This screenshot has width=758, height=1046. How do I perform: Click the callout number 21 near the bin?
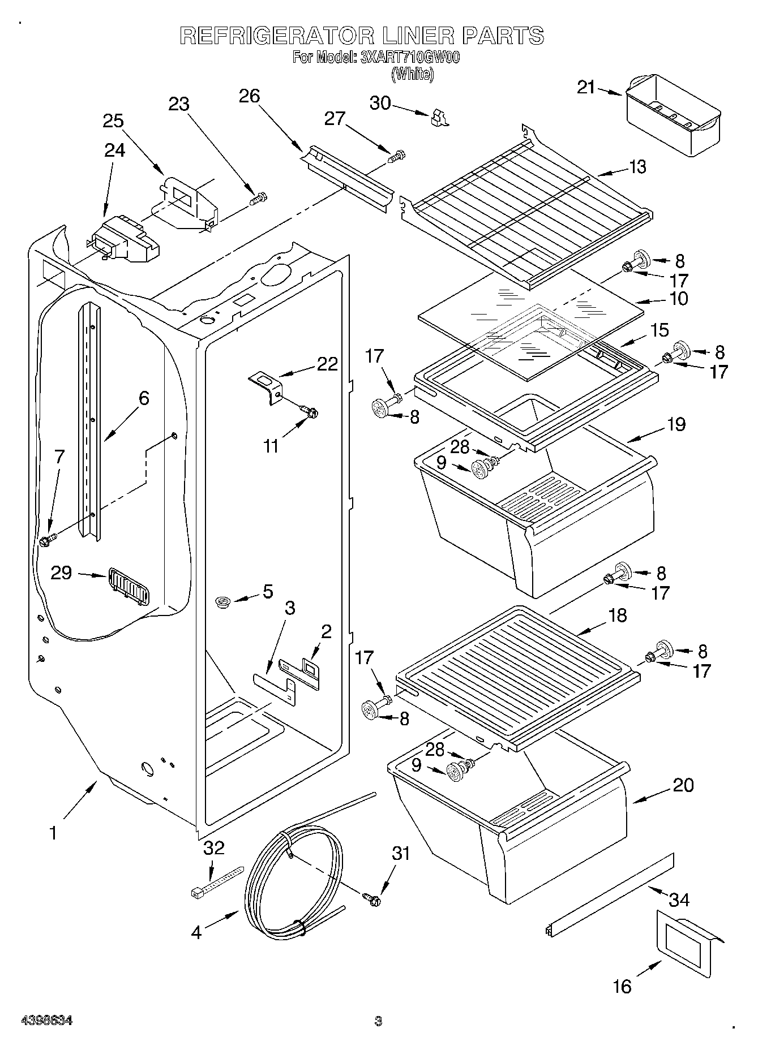pyautogui.click(x=586, y=87)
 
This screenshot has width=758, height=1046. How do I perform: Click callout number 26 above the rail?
pyautogui.click(x=249, y=96)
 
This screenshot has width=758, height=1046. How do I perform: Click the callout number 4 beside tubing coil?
pyautogui.click(x=196, y=932)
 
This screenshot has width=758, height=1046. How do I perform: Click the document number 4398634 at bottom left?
pyautogui.click(x=46, y=1021)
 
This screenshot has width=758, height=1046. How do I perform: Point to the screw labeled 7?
pyautogui.click(x=46, y=540)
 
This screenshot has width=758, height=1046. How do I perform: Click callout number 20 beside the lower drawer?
pyautogui.click(x=683, y=785)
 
